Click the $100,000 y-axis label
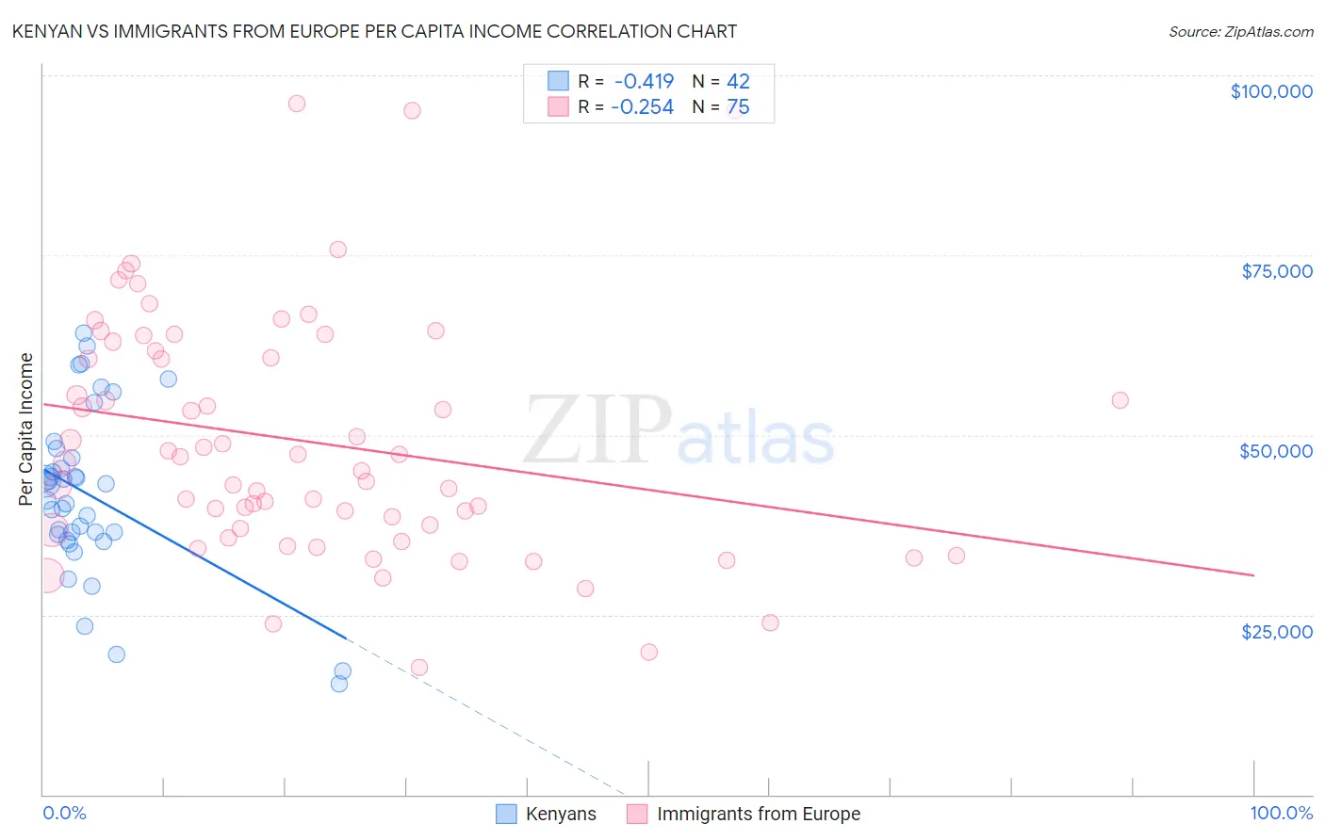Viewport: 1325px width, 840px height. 1270,91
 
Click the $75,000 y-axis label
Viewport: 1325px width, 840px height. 1276,271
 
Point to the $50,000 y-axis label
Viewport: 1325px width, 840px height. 1275,451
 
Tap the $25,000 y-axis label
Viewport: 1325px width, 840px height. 1276,631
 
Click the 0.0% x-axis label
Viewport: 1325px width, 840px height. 64,813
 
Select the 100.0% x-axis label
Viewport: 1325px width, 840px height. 1281,813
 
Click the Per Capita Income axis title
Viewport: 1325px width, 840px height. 26,428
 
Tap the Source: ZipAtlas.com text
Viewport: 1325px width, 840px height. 1240,31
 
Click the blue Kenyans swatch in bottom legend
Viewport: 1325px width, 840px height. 506,814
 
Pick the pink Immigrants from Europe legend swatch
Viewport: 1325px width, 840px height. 637,814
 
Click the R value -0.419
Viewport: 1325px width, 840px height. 644,82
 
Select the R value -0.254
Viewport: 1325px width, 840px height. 642,107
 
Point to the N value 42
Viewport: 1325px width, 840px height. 738,82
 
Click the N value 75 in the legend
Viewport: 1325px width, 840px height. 738,107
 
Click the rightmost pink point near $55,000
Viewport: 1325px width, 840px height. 1120,400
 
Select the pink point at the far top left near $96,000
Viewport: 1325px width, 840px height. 296,104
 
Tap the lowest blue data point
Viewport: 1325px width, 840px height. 339,684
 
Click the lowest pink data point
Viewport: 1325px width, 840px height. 419,668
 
